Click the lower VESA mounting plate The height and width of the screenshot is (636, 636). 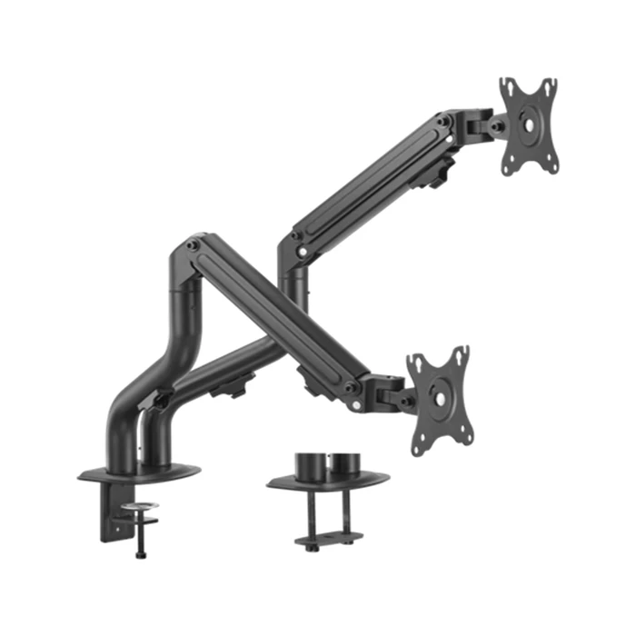tap(439, 400)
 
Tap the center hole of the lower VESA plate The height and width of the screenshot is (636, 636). tap(441, 398)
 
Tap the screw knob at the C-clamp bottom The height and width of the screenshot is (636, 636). tap(140, 551)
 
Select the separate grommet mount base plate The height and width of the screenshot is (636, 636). tap(328, 482)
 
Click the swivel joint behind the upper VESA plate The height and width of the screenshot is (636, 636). tap(482, 124)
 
